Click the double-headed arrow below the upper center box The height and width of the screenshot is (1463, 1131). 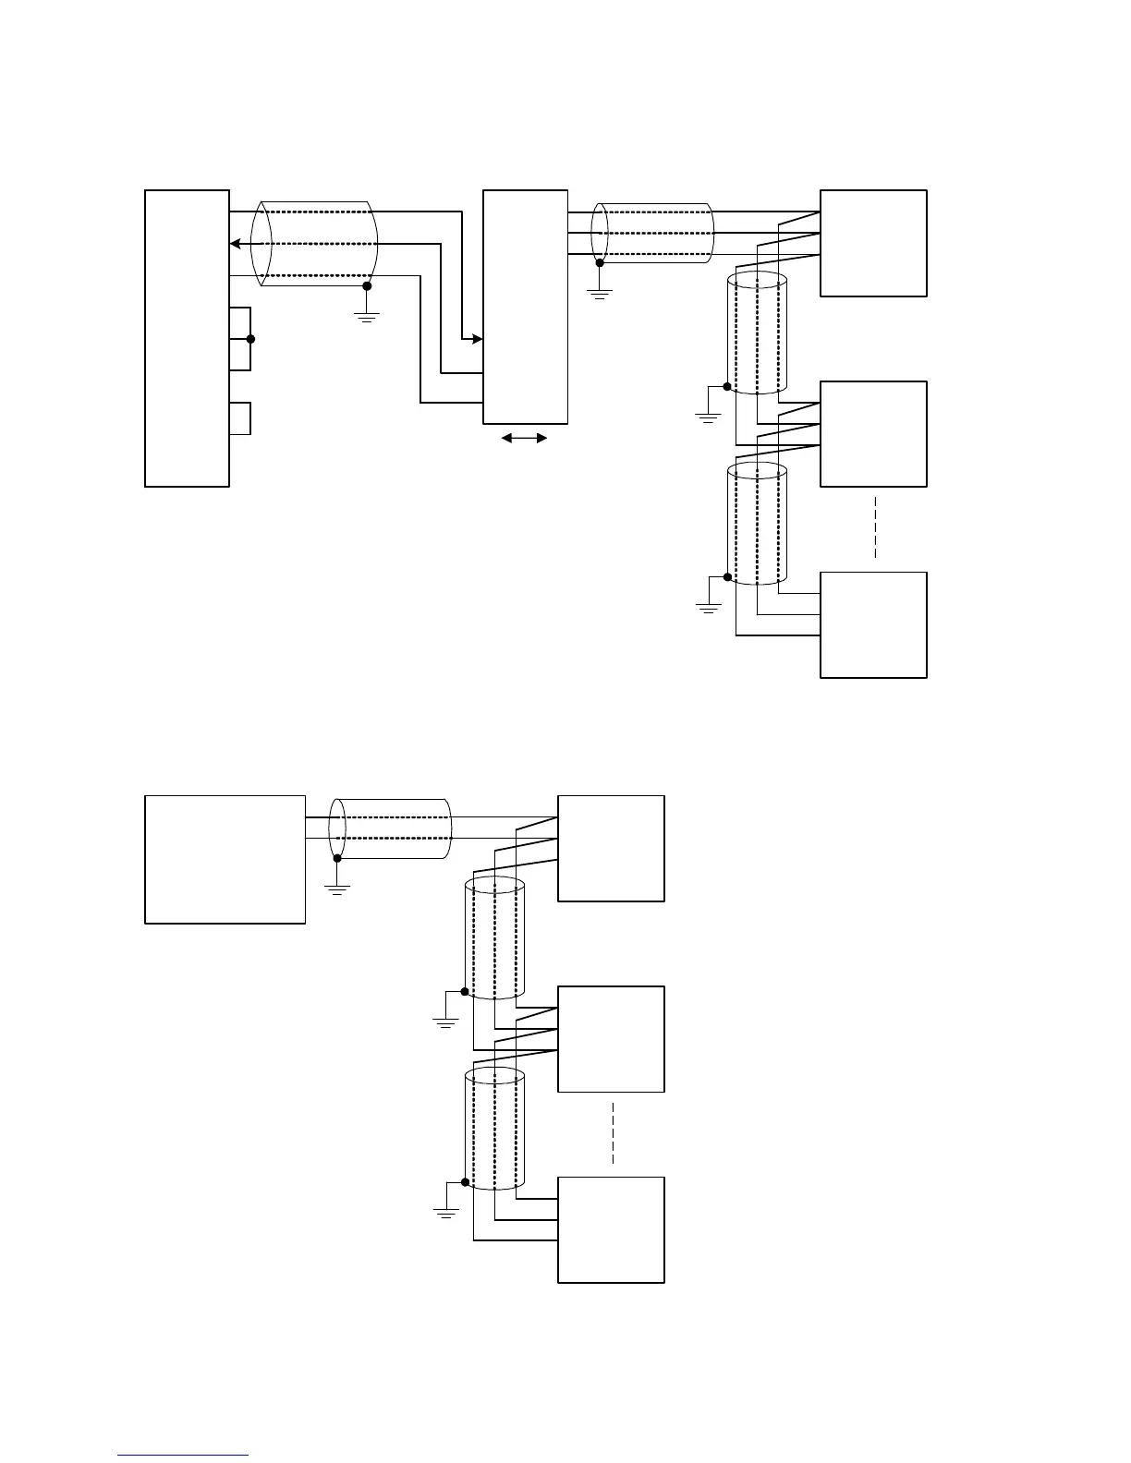[525, 439]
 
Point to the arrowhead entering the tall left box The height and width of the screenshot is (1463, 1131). [236, 244]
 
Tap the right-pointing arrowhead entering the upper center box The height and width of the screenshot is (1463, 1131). [477, 339]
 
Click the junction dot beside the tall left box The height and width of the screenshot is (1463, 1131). [250, 339]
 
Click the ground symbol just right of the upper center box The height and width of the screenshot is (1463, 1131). [600, 296]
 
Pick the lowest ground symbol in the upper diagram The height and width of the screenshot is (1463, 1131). [708, 607]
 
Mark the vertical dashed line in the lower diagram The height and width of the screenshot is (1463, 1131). [612, 1133]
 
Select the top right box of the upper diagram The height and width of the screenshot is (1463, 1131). [873, 243]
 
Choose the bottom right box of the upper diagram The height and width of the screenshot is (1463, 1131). [873, 624]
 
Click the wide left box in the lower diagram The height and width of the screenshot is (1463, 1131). [225, 859]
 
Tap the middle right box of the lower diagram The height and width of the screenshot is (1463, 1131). [611, 1039]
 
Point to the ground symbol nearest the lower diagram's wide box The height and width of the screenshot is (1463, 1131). [337, 889]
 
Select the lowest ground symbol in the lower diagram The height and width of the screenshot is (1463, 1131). [446, 1212]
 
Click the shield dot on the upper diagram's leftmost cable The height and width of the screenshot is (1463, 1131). [367, 286]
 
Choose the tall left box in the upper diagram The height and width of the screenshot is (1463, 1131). [187, 338]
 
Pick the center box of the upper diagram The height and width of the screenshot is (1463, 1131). [525, 307]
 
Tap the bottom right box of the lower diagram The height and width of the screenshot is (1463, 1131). [611, 1229]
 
